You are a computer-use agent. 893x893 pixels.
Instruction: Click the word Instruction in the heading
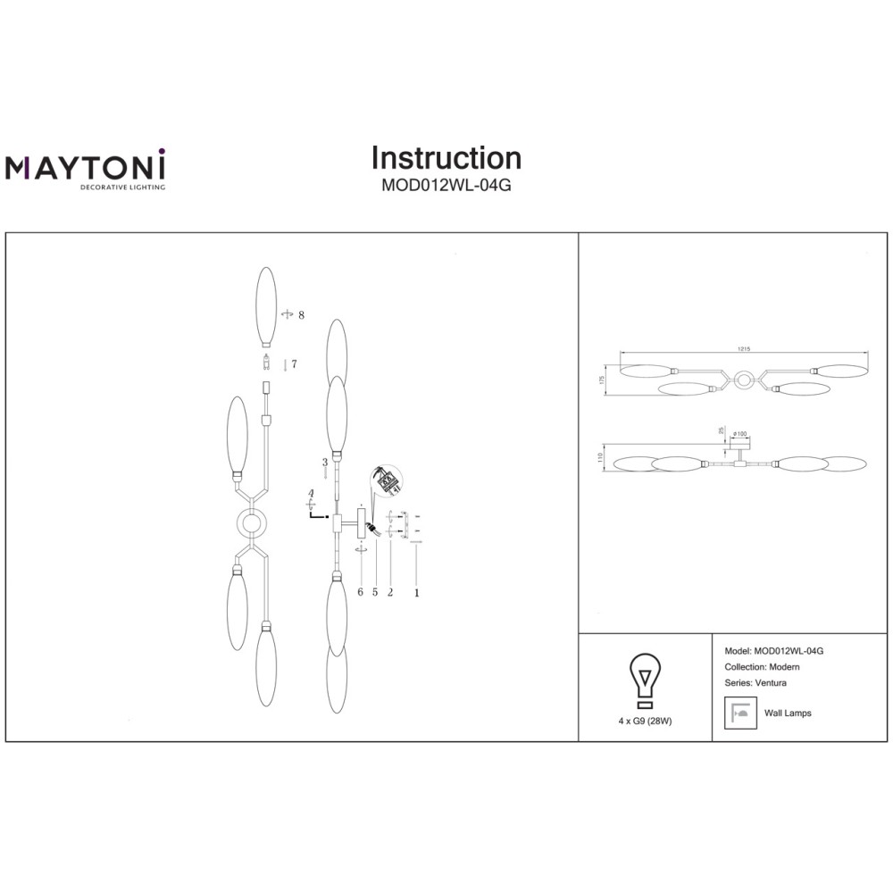click(x=446, y=158)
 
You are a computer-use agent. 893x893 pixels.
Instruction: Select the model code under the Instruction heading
click(x=446, y=186)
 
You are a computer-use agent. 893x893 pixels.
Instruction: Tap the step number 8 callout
click(x=301, y=315)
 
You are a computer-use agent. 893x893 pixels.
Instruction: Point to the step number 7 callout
click(x=294, y=364)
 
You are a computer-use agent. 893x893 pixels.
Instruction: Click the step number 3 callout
click(x=325, y=463)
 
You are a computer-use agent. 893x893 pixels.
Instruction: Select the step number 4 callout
click(x=311, y=493)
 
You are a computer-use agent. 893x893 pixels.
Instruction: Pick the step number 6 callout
click(x=360, y=592)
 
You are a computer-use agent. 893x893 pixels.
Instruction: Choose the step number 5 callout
click(x=375, y=592)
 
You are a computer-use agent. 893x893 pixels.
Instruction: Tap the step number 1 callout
click(x=417, y=593)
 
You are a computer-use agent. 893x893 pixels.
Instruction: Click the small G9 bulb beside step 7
click(x=265, y=363)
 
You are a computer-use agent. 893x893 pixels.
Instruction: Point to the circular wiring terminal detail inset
click(x=386, y=480)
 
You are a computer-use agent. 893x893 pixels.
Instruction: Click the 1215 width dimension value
click(x=744, y=349)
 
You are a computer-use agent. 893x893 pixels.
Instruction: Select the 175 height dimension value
click(x=602, y=380)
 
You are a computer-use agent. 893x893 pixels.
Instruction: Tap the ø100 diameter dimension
click(x=739, y=434)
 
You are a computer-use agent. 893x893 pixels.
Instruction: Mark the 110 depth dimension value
click(x=600, y=457)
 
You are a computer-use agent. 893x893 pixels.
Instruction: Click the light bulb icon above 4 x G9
click(x=645, y=681)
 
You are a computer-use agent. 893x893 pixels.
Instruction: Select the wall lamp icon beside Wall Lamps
click(x=740, y=713)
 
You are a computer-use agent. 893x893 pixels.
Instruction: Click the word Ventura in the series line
click(x=771, y=683)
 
